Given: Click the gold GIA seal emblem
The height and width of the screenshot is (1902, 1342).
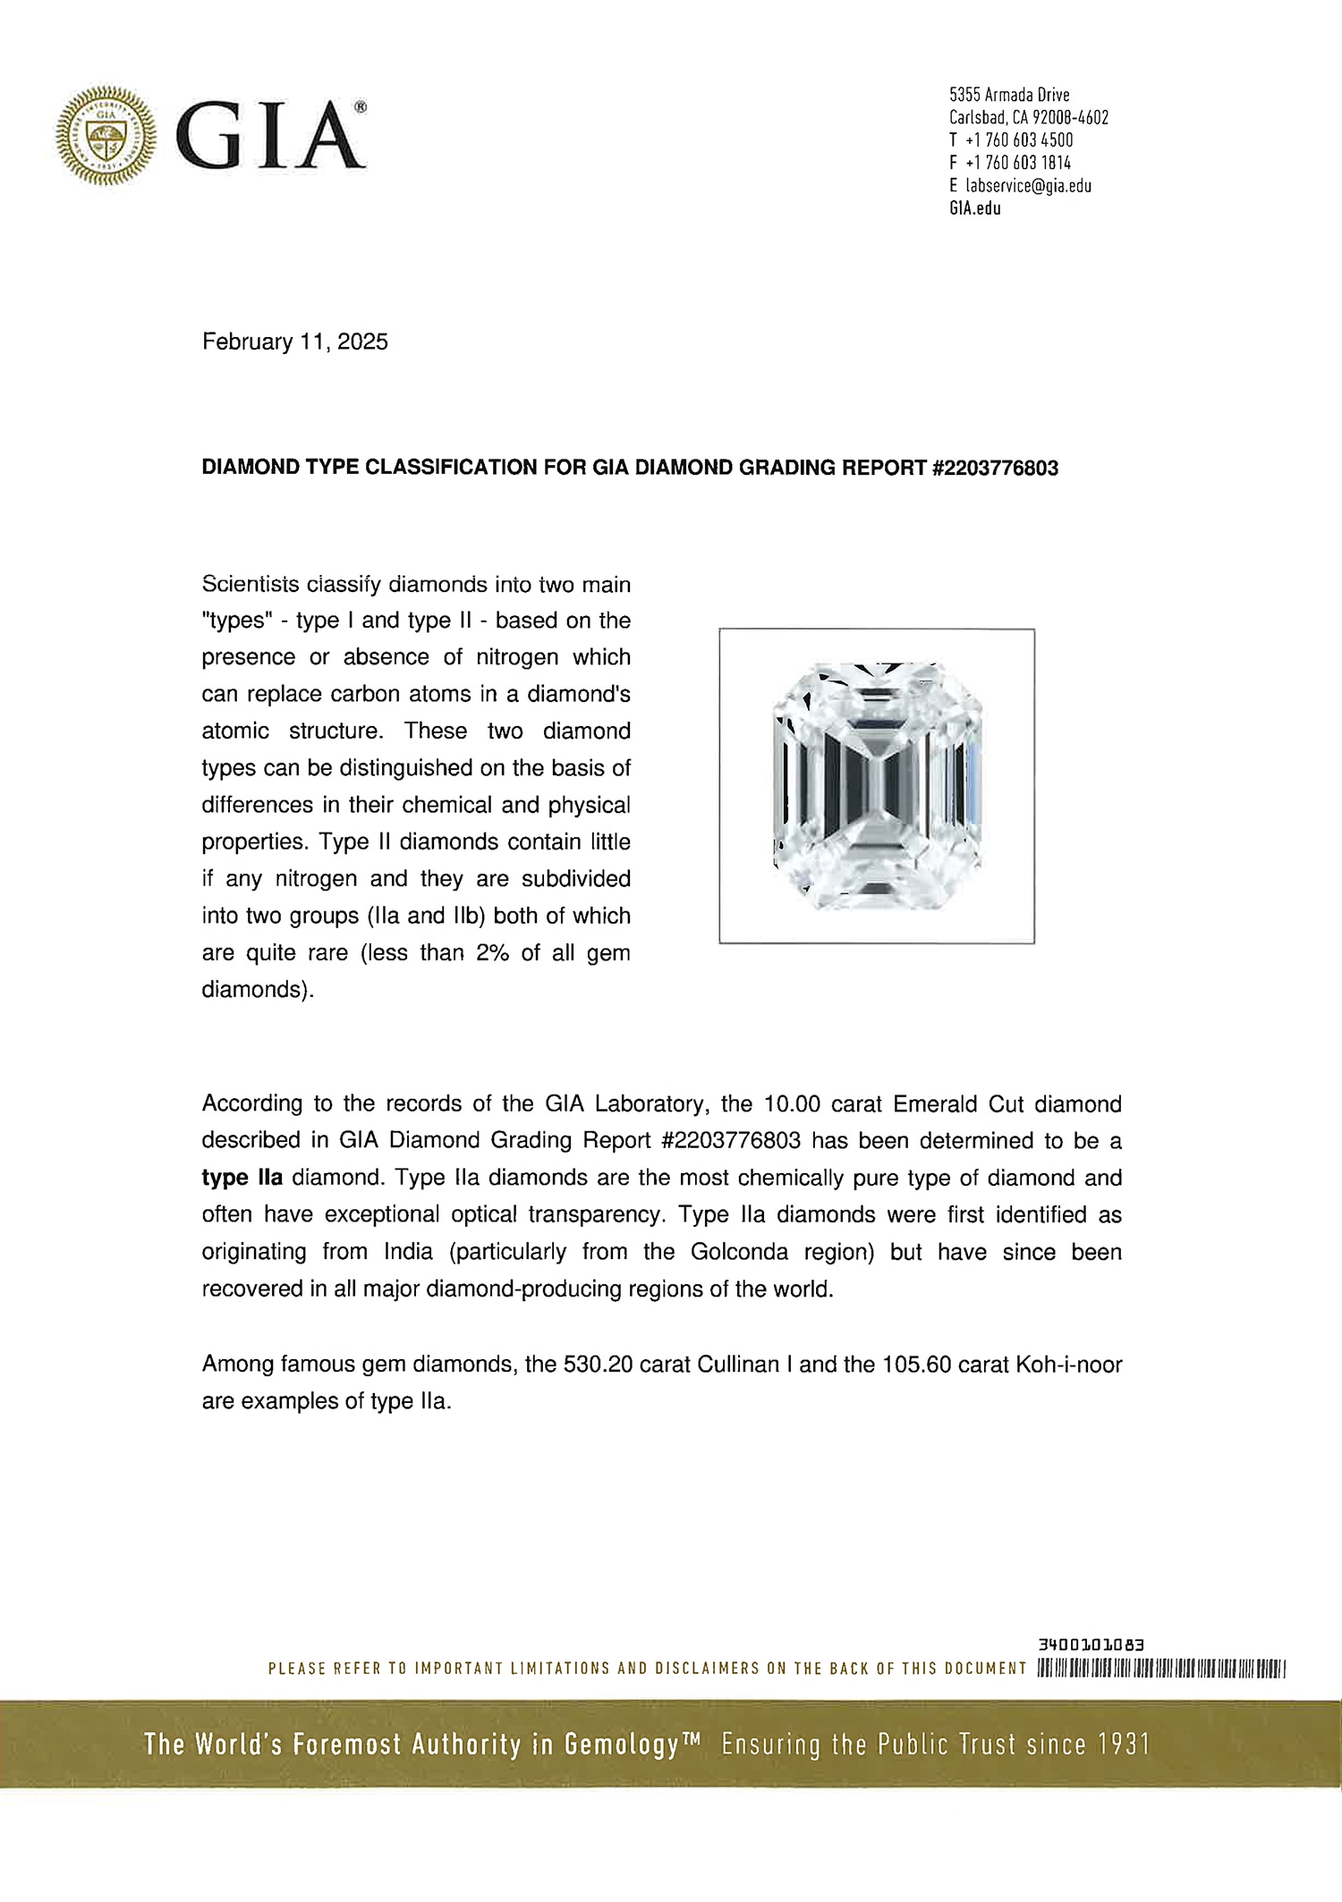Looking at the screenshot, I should coord(106,136).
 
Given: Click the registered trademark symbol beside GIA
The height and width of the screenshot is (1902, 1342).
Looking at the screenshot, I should coord(360,107).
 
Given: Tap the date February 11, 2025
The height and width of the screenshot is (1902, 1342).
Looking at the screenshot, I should coord(295,342).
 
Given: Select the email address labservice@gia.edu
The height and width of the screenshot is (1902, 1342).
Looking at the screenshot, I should coord(1028,186).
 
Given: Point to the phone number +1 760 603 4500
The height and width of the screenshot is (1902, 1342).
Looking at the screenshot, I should coord(1019,140).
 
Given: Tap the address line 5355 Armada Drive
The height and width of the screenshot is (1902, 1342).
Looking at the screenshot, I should coord(1009,95).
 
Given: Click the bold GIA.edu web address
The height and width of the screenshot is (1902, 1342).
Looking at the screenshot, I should coord(975,208).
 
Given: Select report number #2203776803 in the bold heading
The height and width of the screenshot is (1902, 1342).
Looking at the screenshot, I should coord(995,468).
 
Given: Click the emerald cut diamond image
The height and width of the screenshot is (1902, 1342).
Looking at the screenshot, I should coord(877,785).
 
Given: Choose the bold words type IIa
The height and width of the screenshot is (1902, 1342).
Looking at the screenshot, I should coord(242,1178).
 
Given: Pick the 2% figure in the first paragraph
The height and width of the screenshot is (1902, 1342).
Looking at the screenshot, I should coord(492,953).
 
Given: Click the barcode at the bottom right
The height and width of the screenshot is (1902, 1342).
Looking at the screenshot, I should coord(1160,1669).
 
